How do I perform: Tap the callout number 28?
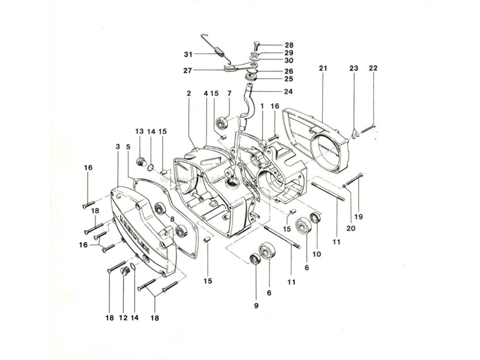[289, 46]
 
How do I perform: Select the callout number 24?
[289, 92]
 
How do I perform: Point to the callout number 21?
[323, 69]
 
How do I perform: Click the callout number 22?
[373, 69]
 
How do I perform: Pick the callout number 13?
[139, 131]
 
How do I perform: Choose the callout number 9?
[256, 306]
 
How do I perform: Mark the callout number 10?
[316, 254]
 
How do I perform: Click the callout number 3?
[116, 146]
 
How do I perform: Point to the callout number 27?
[188, 70]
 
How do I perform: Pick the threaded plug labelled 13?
[142, 160]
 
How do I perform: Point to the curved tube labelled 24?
[245, 108]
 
